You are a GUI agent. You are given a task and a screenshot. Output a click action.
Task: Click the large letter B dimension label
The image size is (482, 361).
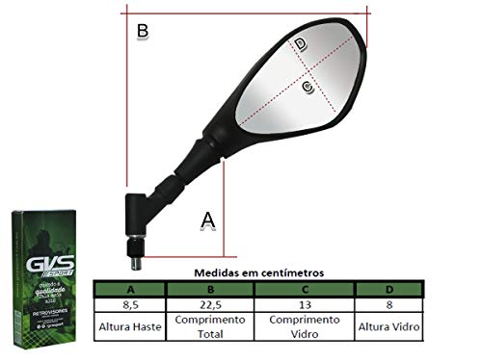point(142,32)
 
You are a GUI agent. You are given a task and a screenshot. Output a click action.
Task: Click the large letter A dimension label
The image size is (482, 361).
point(207,219)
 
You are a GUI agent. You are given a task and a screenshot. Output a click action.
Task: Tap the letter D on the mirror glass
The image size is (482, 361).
point(301,43)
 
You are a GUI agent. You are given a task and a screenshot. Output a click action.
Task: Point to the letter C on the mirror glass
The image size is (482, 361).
point(308,88)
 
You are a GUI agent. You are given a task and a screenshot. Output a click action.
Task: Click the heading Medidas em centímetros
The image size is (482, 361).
point(259,273)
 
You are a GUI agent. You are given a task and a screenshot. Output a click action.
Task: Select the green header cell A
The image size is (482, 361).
point(132,289)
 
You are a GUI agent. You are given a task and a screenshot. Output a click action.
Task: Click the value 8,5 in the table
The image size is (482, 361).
point(132,304)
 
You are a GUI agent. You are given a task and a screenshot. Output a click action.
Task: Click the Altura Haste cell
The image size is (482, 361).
point(132,327)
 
